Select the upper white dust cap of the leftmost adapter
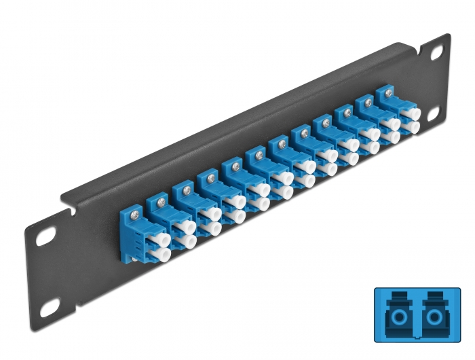coord(159,238)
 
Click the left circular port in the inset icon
coord(394,317)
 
